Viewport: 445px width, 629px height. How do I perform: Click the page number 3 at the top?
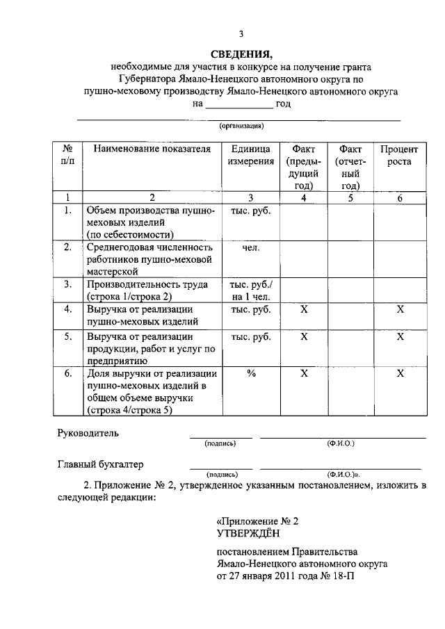point(241,34)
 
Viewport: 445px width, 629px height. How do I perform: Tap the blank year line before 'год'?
point(238,105)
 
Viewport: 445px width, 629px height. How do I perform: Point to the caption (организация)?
point(241,126)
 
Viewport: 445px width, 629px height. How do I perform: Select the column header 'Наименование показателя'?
point(152,149)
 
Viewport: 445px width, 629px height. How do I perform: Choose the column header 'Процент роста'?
point(400,155)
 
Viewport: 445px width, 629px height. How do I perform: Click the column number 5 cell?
point(351,197)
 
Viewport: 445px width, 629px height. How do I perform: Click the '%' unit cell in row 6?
point(251,373)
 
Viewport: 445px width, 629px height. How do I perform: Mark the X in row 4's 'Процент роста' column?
point(400,309)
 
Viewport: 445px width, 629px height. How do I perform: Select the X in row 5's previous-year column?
point(304,337)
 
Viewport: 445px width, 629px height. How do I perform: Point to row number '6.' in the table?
point(68,373)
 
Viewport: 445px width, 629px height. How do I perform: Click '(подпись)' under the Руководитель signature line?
point(220,443)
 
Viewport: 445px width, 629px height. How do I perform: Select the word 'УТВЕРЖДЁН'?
point(248,532)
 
